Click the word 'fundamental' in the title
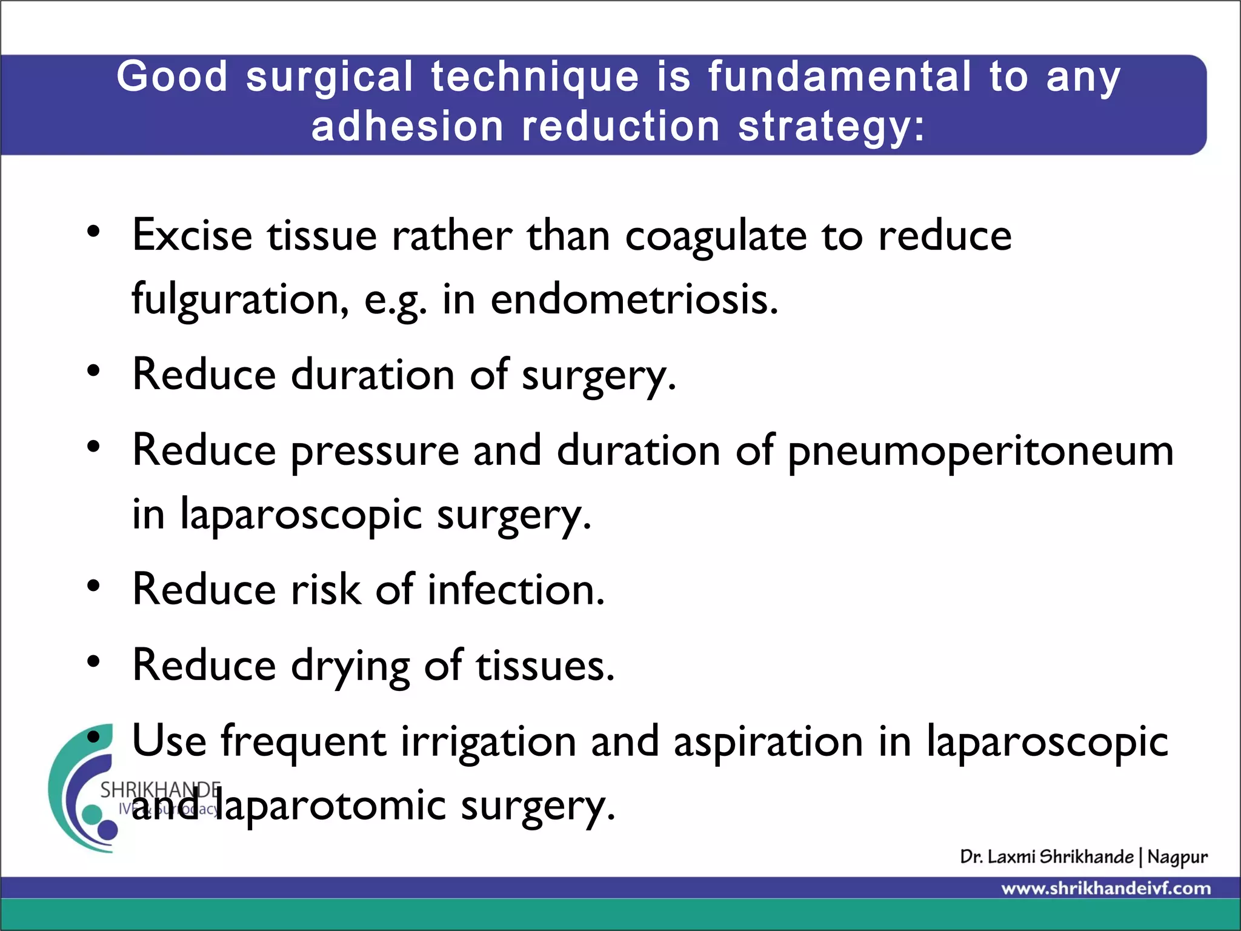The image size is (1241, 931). coord(840,78)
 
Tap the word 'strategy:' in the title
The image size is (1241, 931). coord(831,127)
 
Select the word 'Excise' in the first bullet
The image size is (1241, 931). coord(192,235)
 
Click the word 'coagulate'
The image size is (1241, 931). coord(716,236)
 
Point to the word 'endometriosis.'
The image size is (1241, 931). coord(634,299)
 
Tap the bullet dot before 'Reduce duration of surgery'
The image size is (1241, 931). coord(93,371)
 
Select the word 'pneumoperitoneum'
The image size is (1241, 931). coord(980,452)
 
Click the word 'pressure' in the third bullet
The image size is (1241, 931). coord(374,452)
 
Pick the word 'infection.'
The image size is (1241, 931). coord(516,589)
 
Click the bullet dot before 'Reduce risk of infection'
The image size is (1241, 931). coord(93,586)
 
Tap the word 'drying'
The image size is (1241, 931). coord(350,667)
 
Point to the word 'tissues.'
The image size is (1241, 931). coord(545,666)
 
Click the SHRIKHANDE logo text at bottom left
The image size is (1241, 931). coord(159,790)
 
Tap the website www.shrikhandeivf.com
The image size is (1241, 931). coord(1106,889)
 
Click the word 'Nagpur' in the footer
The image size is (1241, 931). coord(1177,857)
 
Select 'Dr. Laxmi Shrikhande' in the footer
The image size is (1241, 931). coord(1046,857)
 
